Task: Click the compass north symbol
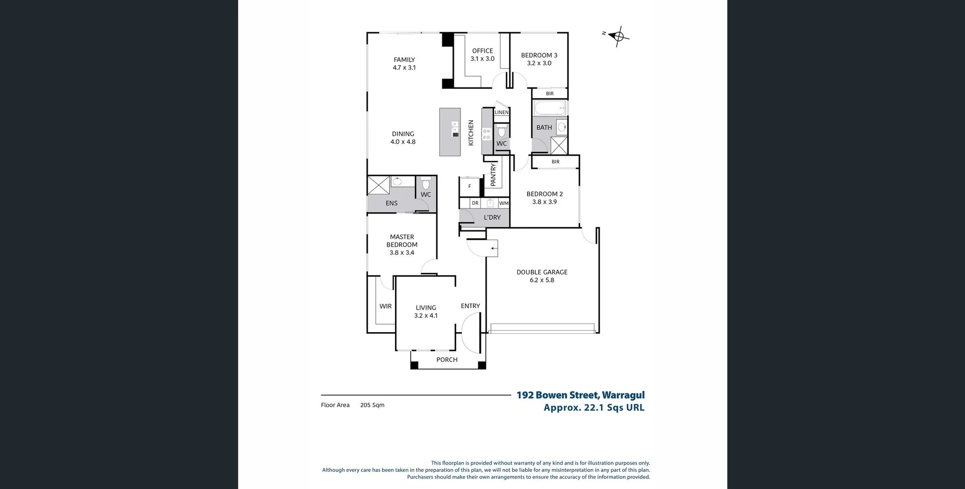point(617,36)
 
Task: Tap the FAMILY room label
point(404,60)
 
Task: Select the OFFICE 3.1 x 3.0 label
point(482,55)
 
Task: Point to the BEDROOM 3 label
point(539,55)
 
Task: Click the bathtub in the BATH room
point(550,108)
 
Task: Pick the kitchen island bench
point(450,132)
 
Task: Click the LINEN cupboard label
point(502,113)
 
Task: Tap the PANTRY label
point(493,174)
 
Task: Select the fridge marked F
point(470,186)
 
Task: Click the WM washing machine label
point(504,204)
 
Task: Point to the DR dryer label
point(475,204)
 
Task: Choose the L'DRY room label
point(492,218)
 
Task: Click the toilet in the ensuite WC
point(426,183)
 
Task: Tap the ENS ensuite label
point(392,204)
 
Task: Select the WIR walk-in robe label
point(385,306)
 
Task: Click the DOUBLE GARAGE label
point(542,272)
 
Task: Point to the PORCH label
point(447,360)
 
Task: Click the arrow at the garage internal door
point(494,248)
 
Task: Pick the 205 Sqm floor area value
point(372,405)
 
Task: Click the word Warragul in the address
point(623,395)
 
